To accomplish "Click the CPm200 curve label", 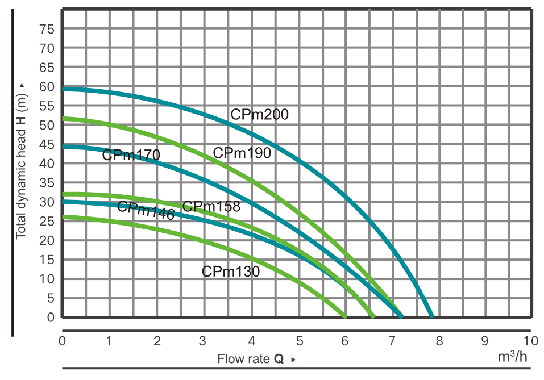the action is (259, 114).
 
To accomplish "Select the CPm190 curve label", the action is (242, 153).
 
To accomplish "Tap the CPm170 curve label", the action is (131, 154).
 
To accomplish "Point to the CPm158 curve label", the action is (211, 207).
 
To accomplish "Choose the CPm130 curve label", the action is (231, 272).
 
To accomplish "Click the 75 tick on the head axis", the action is (47, 30).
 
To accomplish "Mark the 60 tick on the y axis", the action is (47, 87).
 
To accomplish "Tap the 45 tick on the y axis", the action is (47, 145).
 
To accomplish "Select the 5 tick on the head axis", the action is (51, 298).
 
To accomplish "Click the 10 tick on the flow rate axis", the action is (530, 341).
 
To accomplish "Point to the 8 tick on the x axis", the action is (439, 341).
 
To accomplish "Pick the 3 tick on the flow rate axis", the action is (202, 341).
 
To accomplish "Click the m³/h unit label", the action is (512, 356).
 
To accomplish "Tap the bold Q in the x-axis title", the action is (279, 359).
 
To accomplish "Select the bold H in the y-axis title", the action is (21, 121).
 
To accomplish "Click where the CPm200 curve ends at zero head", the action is (432, 316).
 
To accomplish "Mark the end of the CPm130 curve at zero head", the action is (345, 316).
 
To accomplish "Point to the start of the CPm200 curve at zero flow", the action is (63, 89).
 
